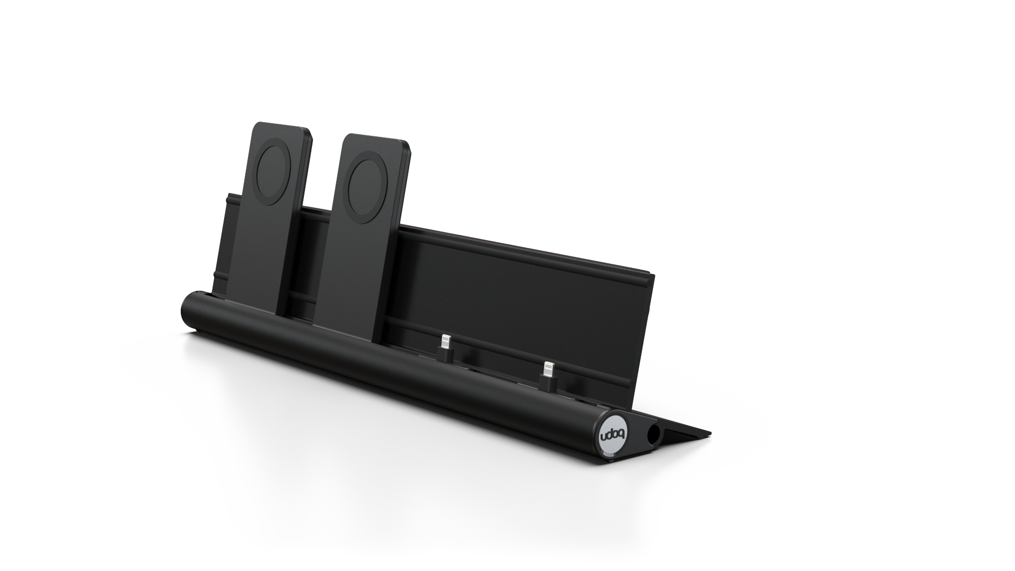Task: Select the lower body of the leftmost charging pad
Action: [x=259, y=264]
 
